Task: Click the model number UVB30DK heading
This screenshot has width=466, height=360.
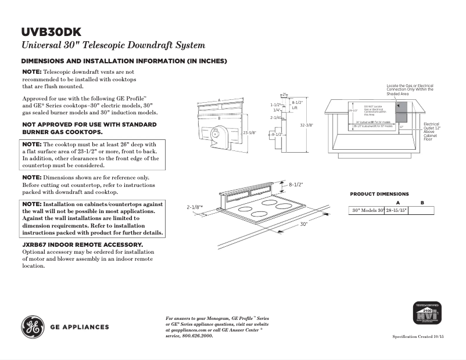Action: click(51, 32)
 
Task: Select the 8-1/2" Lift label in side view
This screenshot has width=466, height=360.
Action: click(296, 105)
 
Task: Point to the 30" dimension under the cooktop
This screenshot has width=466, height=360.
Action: click(303, 224)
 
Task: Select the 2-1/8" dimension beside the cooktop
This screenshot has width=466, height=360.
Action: click(194, 207)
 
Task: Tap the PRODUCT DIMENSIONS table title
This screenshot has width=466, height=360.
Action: click(379, 194)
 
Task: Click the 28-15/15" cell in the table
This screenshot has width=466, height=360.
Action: click(397, 211)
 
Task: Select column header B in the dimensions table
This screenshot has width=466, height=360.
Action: click(422, 202)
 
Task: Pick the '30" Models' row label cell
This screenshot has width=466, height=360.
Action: click(367, 211)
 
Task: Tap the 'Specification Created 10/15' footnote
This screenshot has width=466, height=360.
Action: click(421, 337)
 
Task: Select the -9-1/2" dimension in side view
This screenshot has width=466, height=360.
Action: click(276, 134)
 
